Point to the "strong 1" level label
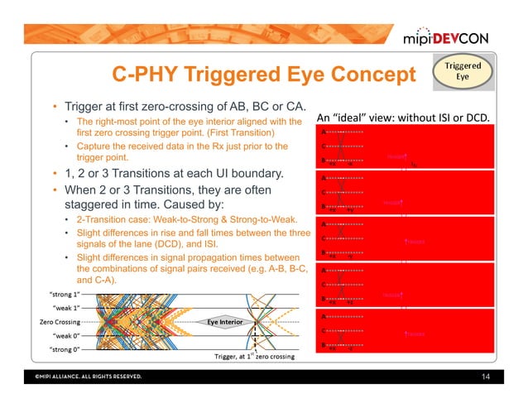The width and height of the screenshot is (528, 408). [62, 294]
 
